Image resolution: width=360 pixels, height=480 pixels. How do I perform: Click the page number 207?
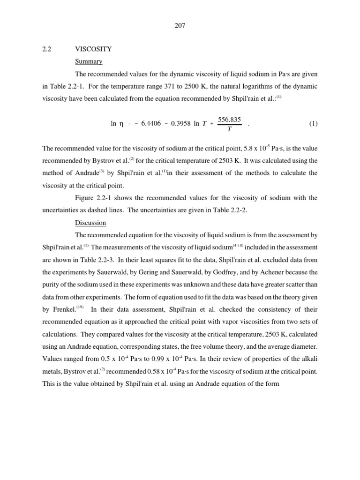(x=180, y=26)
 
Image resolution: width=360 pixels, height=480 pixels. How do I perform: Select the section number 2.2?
(x=46, y=49)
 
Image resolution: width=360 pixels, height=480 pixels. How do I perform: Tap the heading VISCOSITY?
(x=93, y=49)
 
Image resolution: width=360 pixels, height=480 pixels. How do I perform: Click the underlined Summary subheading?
(x=89, y=61)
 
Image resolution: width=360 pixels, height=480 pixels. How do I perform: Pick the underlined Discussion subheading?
(x=90, y=223)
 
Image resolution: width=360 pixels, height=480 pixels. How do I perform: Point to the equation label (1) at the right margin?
(x=313, y=124)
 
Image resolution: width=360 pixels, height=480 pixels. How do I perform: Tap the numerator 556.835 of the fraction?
(x=229, y=120)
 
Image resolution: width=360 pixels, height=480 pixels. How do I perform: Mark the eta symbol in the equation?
(x=121, y=124)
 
